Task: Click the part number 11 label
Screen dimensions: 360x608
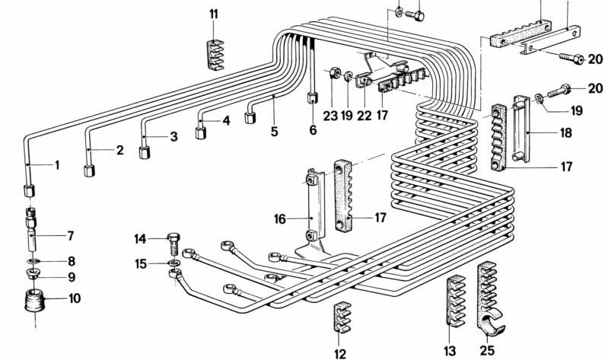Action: (x=214, y=14)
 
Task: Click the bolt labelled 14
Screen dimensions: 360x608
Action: (x=172, y=244)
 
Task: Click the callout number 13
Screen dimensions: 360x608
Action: (x=450, y=350)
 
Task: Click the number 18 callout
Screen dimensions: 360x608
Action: (x=566, y=133)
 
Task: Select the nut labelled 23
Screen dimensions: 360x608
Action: (x=333, y=75)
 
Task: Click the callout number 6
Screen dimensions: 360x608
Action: (x=312, y=131)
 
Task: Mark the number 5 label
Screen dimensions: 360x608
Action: (x=275, y=131)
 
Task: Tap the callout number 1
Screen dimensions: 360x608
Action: (x=56, y=164)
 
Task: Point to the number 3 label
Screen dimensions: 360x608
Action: (x=173, y=137)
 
